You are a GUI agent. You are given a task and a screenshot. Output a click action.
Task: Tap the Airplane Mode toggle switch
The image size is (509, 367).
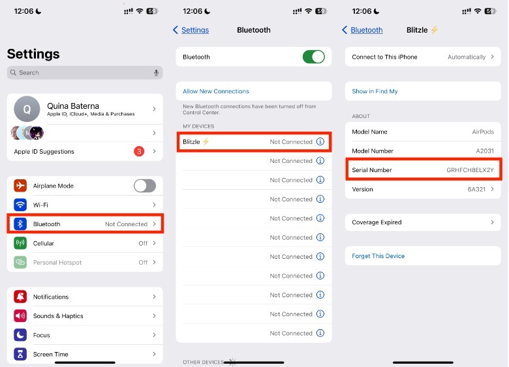[x=145, y=186]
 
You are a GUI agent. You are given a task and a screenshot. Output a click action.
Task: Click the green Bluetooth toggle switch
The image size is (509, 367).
[x=314, y=57]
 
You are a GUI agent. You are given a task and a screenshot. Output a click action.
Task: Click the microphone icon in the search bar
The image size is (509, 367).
[x=156, y=72]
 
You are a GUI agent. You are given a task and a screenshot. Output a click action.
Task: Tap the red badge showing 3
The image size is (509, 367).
[x=139, y=151]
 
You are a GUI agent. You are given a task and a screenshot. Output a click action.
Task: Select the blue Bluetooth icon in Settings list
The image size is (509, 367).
[x=20, y=224]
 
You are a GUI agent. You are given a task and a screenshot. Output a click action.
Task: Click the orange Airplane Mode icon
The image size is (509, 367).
[x=20, y=185]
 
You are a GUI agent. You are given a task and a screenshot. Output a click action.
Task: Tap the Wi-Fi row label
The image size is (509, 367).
[x=40, y=205]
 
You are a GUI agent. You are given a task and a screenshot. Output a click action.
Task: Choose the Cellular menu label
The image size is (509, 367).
[x=44, y=243]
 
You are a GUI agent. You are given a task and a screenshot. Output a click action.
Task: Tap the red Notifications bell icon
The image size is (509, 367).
[x=20, y=297]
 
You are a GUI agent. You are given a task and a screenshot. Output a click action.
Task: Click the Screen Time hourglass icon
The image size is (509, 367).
[x=20, y=354]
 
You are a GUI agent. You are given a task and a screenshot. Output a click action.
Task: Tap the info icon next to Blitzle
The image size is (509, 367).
[x=320, y=141]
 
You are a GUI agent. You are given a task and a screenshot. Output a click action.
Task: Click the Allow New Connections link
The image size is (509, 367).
[x=216, y=91]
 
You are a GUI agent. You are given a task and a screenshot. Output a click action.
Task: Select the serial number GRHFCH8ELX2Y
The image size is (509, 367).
[x=470, y=170]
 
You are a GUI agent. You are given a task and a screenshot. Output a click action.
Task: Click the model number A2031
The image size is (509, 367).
[x=485, y=151]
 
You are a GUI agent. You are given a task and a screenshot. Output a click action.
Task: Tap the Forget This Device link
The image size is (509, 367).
[x=378, y=256]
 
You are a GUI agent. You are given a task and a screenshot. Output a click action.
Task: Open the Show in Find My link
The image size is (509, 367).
[x=375, y=91]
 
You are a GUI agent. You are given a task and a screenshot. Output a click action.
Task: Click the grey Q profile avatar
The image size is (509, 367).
[x=27, y=109]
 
